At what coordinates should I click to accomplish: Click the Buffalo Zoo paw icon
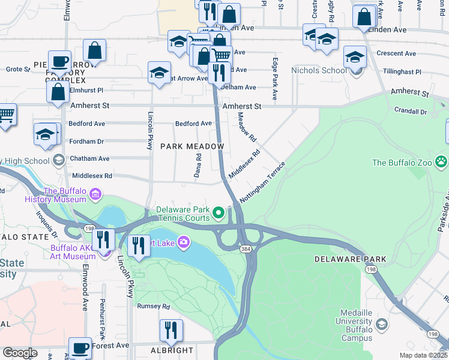[442, 161]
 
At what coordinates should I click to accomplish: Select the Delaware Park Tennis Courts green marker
[219, 212]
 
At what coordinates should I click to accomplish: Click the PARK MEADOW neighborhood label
[192, 146]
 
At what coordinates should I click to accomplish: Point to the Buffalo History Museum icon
[95, 194]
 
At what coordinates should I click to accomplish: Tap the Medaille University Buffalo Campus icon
[382, 325]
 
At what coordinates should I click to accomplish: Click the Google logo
[20, 353]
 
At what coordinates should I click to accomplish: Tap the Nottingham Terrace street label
[262, 181]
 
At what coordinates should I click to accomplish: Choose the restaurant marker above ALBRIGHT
[171, 329]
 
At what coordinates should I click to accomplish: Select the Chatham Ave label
[89, 158]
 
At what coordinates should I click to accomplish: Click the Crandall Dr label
[411, 111]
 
